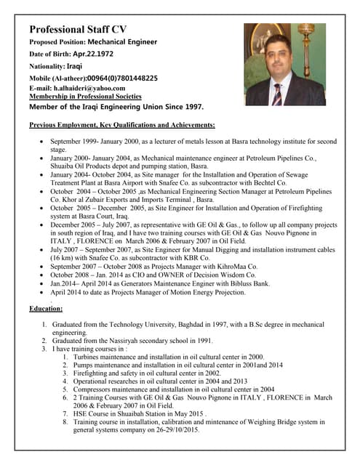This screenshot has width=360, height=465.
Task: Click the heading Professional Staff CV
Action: (87, 30)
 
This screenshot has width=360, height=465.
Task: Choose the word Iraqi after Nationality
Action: (74, 65)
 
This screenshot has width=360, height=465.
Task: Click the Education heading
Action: (46, 309)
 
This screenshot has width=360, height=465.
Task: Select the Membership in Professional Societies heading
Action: (85, 96)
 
